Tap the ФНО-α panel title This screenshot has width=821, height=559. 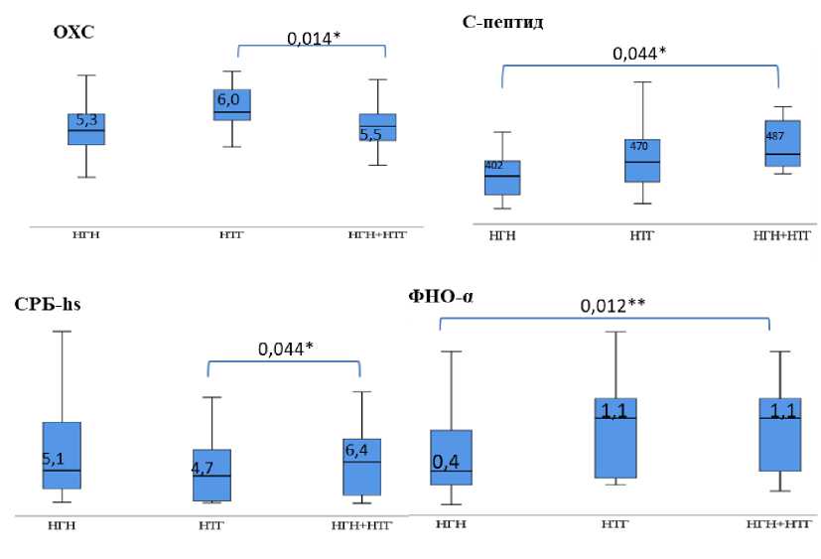439,295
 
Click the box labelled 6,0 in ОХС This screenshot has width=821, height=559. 232,104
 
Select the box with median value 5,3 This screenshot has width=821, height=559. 86,129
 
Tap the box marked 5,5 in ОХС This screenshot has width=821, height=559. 377,127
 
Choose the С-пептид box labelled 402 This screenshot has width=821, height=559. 502,177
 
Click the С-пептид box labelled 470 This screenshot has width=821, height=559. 642,160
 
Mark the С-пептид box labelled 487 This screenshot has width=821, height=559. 782,143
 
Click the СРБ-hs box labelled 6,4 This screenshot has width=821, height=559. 361,466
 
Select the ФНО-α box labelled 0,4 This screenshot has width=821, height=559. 451,457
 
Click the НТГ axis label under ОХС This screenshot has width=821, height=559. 232,234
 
